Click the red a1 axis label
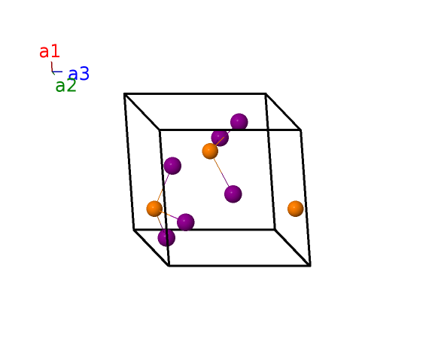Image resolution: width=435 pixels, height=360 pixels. click(x=50, y=51)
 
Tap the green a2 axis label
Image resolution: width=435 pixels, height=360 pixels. click(x=65, y=86)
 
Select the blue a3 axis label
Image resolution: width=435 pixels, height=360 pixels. click(x=79, y=74)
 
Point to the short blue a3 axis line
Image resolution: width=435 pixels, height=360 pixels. click(x=57, y=72)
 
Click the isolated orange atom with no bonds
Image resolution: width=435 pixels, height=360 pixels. click(x=296, y=209)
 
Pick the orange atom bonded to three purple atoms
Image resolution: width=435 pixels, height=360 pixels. click(x=154, y=209)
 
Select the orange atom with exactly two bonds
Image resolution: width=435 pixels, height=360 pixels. click(x=210, y=151)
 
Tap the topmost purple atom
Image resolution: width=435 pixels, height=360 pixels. click(x=239, y=122)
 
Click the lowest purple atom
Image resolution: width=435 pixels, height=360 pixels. click(x=166, y=237)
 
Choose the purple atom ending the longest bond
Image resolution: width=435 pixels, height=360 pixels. click(x=233, y=194)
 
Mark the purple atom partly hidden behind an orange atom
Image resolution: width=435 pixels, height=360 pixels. click(x=220, y=138)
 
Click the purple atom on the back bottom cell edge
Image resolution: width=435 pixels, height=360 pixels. click(x=186, y=222)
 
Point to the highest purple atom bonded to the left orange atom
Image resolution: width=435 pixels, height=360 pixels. click(x=172, y=166)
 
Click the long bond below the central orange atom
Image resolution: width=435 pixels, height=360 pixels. click(x=221, y=172)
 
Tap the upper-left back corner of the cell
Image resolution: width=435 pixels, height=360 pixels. click(x=125, y=94)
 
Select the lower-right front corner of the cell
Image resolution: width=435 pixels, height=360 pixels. click(x=310, y=266)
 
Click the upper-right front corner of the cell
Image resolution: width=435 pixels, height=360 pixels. click(x=301, y=130)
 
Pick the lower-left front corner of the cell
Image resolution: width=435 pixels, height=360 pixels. click(x=169, y=266)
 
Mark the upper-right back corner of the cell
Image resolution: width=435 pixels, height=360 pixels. click(x=266, y=94)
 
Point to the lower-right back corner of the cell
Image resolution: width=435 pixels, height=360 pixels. click(x=275, y=230)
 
